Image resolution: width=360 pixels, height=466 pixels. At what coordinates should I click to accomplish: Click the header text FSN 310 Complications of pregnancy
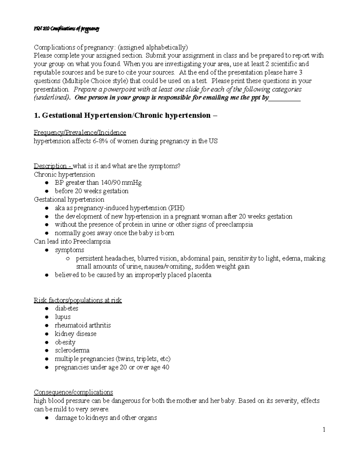[66, 29]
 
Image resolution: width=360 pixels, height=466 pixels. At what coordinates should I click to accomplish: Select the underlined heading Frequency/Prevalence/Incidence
[80, 132]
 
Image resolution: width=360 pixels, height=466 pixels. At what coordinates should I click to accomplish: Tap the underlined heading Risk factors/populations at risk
[78, 300]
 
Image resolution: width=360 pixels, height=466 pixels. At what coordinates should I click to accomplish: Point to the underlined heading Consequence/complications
[73, 392]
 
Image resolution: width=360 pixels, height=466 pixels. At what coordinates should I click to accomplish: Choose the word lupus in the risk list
[62, 317]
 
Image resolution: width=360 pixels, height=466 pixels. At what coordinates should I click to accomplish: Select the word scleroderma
[72, 350]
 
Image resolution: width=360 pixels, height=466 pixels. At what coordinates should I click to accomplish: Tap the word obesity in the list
[65, 342]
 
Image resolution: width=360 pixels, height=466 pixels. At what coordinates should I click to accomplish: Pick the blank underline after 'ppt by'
[285, 98]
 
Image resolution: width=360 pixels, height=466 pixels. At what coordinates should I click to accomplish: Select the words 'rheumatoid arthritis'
[83, 325]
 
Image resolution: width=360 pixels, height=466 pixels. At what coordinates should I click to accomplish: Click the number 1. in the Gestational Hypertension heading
[37, 116]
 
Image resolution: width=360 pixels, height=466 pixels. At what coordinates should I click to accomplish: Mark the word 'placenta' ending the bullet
[199, 275]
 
